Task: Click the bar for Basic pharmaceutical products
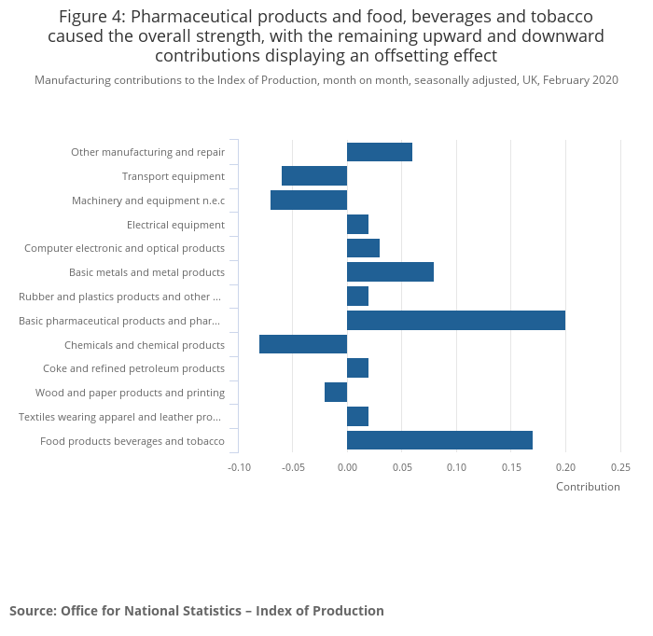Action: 455,321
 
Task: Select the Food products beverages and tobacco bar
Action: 439,440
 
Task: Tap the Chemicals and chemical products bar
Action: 303,344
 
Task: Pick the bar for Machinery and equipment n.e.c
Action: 309,200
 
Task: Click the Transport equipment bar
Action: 314,176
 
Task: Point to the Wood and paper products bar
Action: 336,393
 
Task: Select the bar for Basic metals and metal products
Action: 390,272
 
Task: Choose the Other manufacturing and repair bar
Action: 380,152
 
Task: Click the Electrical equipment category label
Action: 175,225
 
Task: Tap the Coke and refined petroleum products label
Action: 133,368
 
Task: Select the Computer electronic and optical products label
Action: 124,248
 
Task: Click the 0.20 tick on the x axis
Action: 565,467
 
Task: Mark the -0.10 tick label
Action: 240,467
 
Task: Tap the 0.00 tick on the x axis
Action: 347,467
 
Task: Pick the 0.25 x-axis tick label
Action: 620,467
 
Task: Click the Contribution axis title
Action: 588,487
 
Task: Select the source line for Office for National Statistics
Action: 197,611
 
